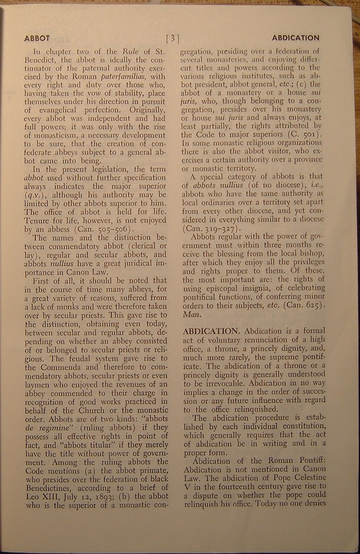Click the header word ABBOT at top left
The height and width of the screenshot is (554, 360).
[37, 38]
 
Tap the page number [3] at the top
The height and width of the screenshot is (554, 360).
[173, 38]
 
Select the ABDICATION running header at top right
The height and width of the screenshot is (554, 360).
[296, 38]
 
